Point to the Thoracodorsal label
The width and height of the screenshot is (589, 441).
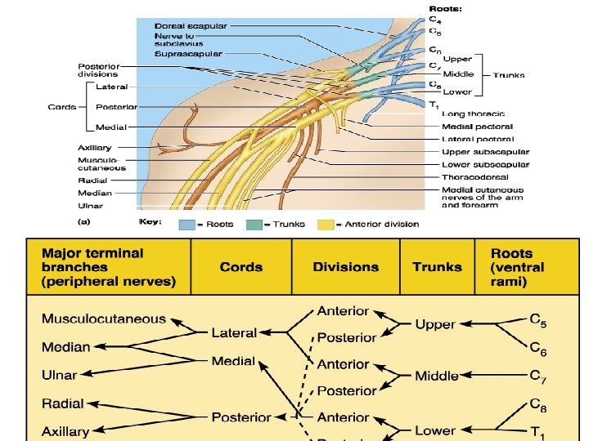474,176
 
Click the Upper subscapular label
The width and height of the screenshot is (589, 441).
485,152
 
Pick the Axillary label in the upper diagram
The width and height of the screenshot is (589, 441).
95,148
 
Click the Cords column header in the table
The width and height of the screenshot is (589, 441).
241,267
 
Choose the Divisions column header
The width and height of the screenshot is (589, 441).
346,267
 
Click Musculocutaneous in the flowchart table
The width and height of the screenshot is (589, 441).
104,319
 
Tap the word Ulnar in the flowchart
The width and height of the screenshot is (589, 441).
60,375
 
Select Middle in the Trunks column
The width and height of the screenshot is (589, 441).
436,376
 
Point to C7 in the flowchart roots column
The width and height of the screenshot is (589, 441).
537,376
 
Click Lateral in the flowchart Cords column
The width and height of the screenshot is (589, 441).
234,332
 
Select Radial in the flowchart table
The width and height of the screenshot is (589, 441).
64,403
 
